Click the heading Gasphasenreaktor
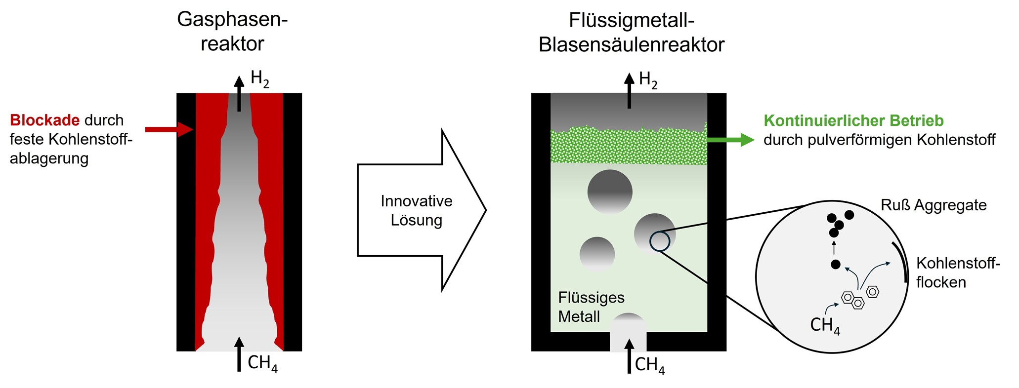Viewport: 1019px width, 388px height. pos(232,32)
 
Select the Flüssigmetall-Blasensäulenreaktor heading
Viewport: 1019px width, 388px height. pos(631,33)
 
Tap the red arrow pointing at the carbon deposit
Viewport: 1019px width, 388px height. pos(169,129)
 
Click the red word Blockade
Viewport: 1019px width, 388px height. pos(44,120)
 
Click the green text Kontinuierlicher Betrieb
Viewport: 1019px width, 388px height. pos(853,120)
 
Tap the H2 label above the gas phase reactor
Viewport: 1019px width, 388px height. pos(259,79)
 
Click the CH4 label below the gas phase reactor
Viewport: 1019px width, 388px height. pos(262,363)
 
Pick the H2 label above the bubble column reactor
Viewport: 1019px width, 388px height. pos(648,80)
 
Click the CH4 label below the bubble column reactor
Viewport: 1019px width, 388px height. pos(649,365)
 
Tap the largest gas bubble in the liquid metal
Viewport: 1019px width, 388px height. pos(610,192)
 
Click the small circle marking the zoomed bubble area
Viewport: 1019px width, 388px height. pos(660,241)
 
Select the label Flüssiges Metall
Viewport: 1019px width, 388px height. pos(591,307)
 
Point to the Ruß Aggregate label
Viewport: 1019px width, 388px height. pos(933,205)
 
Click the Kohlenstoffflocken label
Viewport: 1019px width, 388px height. pos(957,272)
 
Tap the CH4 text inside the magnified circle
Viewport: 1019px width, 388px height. pos(825,325)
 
